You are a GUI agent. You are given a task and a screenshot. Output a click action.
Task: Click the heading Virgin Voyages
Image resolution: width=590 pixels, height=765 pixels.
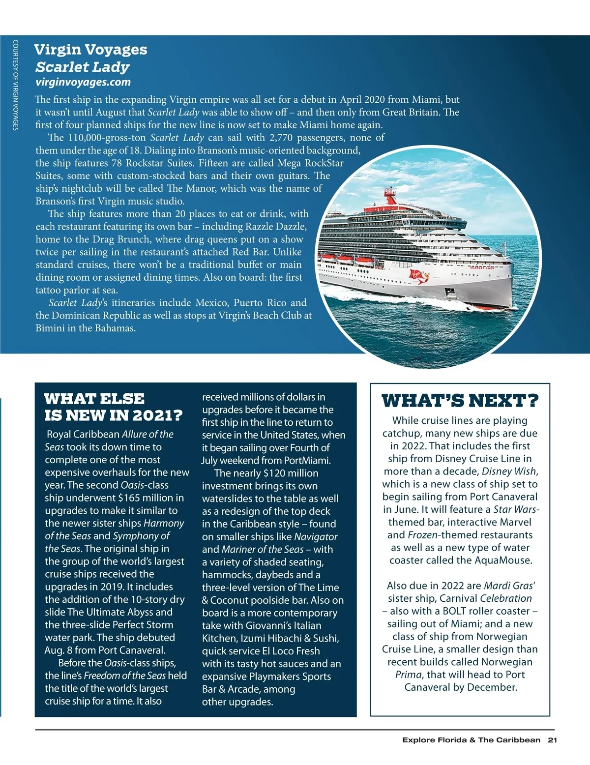(90, 50)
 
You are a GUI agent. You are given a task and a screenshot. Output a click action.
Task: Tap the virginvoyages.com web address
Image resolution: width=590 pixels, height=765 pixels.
(83, 82)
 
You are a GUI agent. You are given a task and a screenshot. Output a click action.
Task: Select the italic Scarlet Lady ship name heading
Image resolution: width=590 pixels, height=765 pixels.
(83, 67)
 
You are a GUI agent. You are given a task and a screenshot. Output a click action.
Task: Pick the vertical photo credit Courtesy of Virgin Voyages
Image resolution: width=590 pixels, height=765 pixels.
(16, 85)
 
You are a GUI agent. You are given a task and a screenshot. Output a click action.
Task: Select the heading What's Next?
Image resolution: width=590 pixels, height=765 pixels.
(460, 401)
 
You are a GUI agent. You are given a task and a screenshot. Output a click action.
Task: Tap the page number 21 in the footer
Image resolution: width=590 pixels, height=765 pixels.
(552, 740)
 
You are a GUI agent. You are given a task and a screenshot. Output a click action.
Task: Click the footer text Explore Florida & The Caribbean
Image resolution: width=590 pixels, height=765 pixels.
(471, 740)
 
